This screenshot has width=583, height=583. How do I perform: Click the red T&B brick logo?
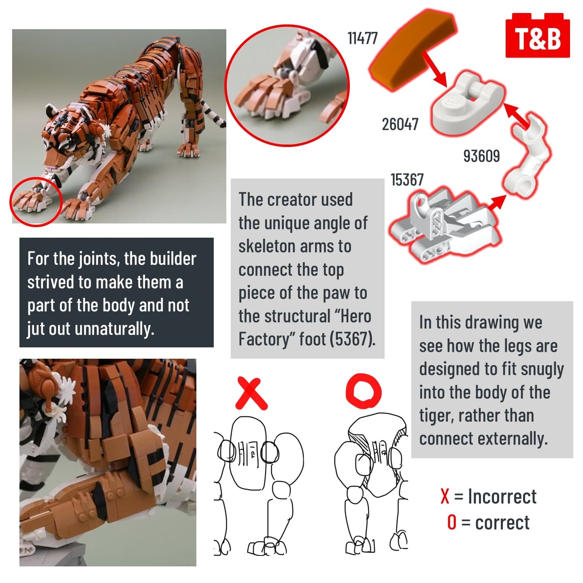pos(537,35)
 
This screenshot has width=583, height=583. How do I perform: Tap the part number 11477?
pos(362,38)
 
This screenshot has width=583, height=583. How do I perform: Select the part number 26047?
pos(400,124)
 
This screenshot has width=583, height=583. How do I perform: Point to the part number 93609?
pos(481,156)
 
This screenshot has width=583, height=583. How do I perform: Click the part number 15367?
pos(407,180)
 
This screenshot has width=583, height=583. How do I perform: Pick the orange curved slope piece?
pos(413,50)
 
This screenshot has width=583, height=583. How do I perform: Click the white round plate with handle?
pos(468,103)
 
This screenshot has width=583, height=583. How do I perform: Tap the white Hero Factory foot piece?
pos(443,224)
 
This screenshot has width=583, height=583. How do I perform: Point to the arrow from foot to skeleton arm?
pos(496,203)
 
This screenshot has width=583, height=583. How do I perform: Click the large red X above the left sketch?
pos(251,393)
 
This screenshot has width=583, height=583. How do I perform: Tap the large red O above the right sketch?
pos(364,391)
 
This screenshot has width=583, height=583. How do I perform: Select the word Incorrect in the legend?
pos(502,496)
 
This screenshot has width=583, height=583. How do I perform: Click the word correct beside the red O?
pos(502,523)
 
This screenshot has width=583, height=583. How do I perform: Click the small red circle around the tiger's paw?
pos(36,202)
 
